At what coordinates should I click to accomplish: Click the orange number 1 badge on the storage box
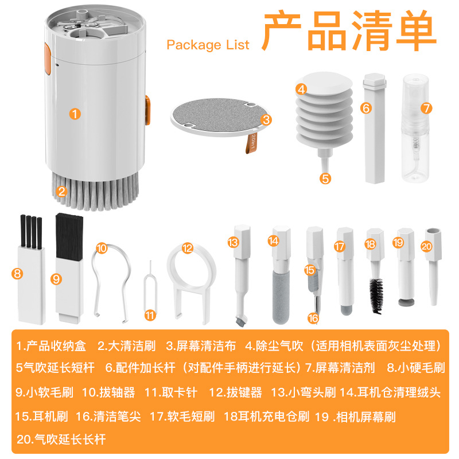click(75, 113)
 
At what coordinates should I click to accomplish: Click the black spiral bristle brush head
click(376, 294)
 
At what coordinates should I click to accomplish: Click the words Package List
click(208, 45)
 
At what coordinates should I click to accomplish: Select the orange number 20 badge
click(426, 246)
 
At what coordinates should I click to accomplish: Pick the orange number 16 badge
click(312, 317)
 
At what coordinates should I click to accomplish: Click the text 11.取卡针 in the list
click(171, 392)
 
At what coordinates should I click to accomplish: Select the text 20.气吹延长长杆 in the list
click(61, 439)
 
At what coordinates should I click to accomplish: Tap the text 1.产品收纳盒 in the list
click(50, 346)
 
